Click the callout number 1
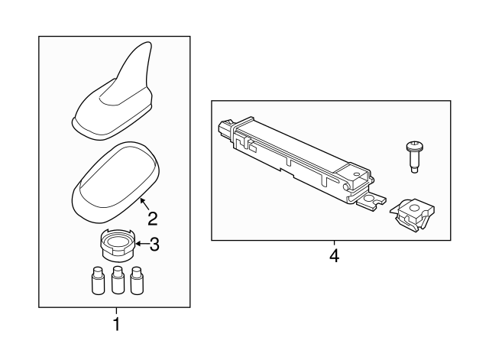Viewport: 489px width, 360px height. point(116,324)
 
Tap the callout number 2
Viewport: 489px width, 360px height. point(153,219)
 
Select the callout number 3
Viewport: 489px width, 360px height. point(154,245)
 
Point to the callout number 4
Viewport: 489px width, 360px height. point(335,256)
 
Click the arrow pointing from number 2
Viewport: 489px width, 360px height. point(144,204)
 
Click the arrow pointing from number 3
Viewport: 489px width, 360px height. point(142,243)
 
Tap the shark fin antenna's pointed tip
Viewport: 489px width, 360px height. point(149,43)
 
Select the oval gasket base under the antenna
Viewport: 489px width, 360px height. point(115,183)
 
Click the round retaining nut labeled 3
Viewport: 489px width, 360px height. point(117,245)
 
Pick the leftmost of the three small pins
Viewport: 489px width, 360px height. point(99,281)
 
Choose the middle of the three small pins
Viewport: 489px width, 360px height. point(118,281)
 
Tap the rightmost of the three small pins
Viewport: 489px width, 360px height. point(137,281)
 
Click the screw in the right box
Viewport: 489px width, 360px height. point(414,157)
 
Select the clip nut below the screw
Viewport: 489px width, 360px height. point(413,216)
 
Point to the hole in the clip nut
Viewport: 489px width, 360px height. point(414,208)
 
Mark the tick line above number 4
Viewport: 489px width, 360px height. point(335,243)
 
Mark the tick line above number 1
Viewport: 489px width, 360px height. point(116,311)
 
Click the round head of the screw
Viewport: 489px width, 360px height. point(414,145)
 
